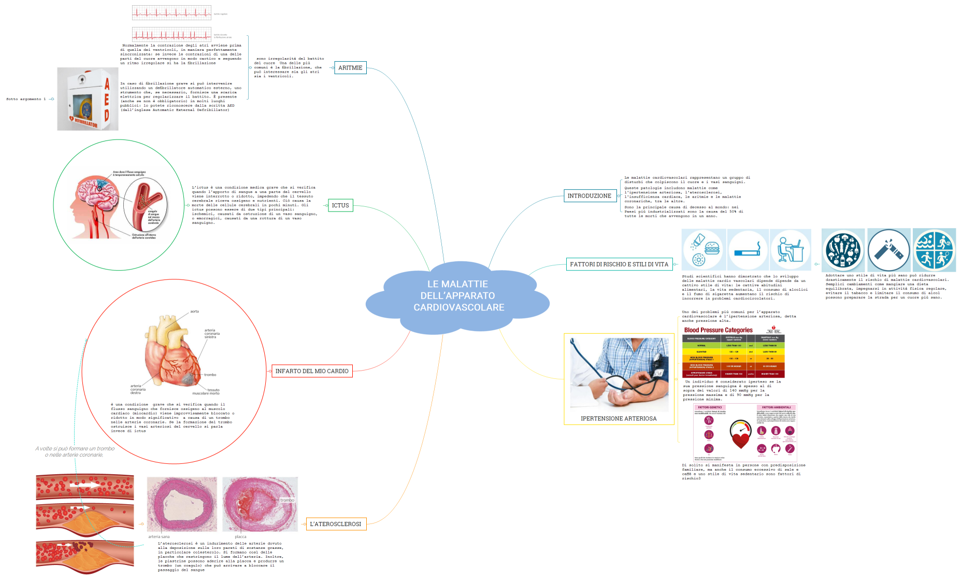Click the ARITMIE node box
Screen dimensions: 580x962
coord(350,68)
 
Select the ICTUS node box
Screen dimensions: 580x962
coord(340,206)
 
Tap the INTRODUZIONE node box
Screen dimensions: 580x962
coord(590,196)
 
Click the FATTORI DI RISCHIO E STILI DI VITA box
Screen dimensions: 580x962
coord(619,264)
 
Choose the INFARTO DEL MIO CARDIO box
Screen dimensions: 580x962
coord(312,371)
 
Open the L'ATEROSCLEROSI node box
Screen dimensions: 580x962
coord(336,524)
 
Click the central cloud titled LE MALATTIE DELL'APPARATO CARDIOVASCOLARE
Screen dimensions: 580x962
coord(458,296)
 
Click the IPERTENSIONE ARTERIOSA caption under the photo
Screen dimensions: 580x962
coord(619,419)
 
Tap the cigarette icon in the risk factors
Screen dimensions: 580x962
coord(747,250)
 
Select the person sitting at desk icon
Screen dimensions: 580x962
coord(790,250)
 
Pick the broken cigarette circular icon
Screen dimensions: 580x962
coord(888,250)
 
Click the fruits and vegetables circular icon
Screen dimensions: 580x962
coord(843,250)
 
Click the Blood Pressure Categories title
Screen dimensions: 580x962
coord(718,330)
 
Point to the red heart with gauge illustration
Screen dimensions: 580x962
coord(740,434)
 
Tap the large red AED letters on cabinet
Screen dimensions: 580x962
coord(107,99)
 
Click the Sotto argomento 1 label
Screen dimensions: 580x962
coord(26,99)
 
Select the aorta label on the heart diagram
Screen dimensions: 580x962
coord(194,312)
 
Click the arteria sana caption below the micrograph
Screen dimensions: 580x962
coord(159,537)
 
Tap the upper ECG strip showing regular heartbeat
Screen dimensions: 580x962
coord(171,12)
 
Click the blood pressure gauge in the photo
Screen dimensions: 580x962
coord(658,366)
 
